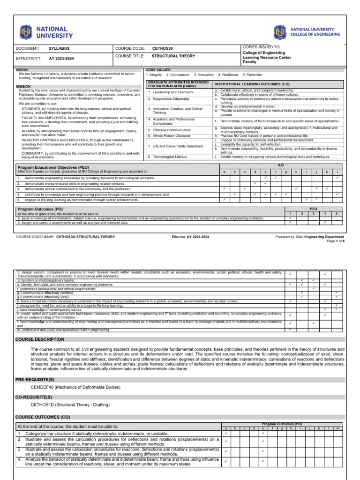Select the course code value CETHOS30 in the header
tap(162, 48)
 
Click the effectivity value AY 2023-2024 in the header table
tap(62, 59)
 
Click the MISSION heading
tap(23, 86)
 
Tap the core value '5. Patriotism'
tap(252, 75)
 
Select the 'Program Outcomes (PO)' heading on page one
tap(40, 209)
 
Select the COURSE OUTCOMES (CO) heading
tap(43, 416)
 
